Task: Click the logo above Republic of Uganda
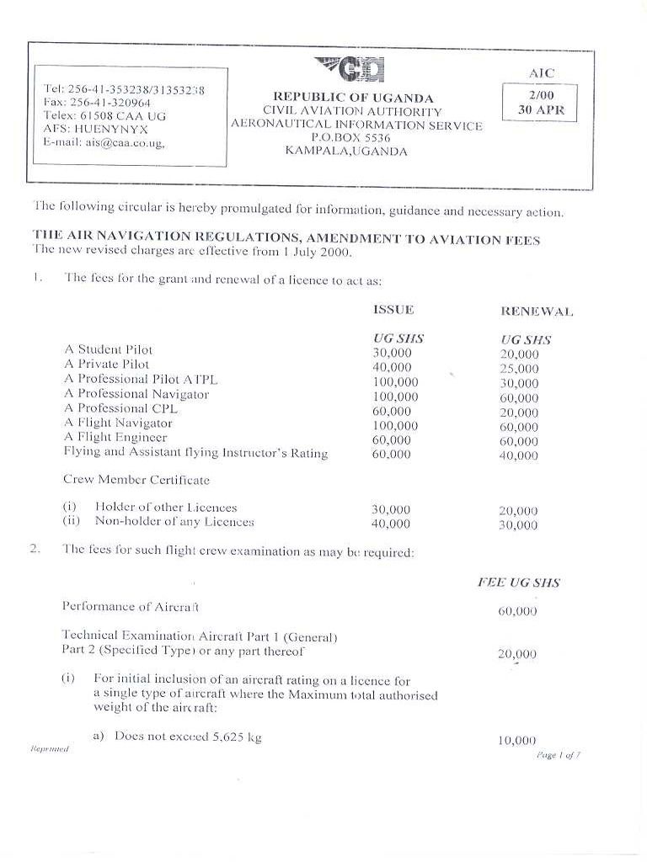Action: [350, 69]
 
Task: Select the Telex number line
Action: [104, 115]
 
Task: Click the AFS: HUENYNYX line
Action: [95, 130]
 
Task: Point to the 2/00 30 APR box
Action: [540, 103]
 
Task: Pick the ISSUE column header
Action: [393, 310]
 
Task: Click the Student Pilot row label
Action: [109, 349]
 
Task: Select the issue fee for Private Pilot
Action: [392, 367]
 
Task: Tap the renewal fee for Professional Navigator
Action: [518, 398]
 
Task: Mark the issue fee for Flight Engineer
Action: [392, 440]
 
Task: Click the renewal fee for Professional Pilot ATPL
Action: [518, 383]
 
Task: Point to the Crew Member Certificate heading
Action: [136, 480]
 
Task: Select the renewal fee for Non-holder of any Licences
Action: [518, 525]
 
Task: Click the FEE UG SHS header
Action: [518, 583]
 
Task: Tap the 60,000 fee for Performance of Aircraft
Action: [517, 611]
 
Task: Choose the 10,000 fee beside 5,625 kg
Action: [517, 741]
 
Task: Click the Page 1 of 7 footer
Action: [559, 755]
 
